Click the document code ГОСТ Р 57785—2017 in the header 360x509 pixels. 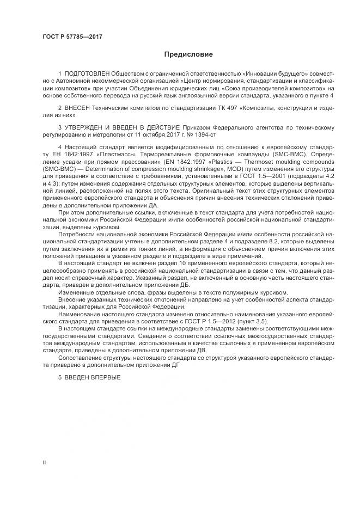tap(72, 37)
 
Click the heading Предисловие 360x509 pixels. tap(188, 54)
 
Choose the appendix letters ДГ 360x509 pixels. tap(180, 366)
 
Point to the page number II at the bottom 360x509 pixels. tap(44, 462)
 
